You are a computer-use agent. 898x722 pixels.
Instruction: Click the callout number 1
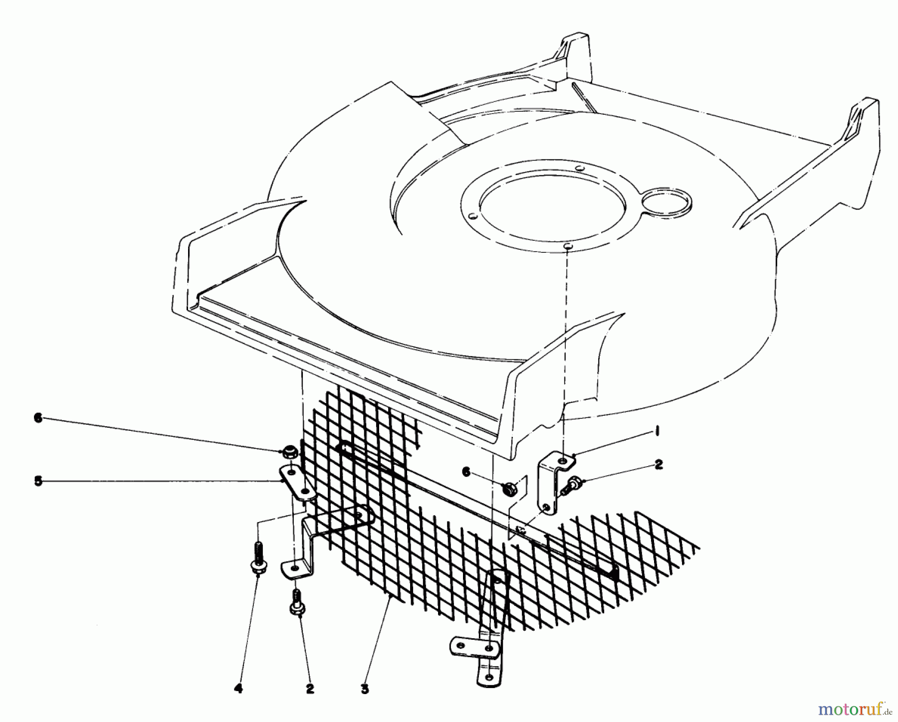click(658, 432)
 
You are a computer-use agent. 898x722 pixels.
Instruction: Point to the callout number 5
click(38, 482)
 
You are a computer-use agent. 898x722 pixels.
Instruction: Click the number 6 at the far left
click(38, 419)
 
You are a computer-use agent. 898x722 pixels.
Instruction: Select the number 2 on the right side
click(659, 465)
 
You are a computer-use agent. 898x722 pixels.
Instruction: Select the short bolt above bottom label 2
click(297, 602)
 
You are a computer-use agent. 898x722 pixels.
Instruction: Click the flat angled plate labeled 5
click(298, 481)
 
